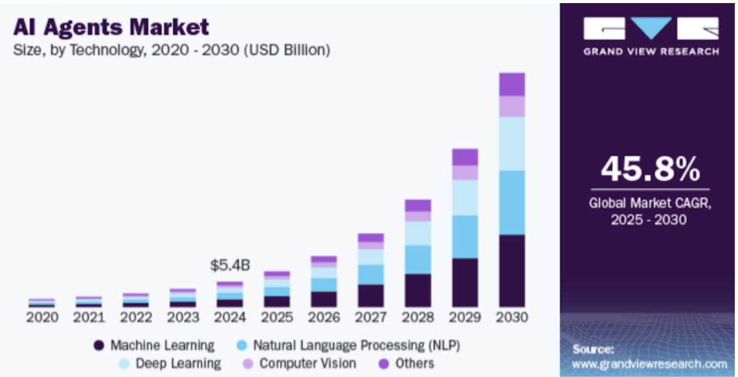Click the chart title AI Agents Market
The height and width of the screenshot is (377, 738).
(111, 26)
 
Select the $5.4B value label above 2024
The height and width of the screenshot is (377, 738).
(230, 266)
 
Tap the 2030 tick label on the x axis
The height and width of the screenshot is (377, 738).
(512, 317)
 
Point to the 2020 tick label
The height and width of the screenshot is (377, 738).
(42, 317)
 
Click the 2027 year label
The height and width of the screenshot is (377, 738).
(371, 317)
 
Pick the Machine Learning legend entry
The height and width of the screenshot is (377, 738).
(154, 345)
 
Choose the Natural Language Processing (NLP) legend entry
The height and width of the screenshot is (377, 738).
(349, 345)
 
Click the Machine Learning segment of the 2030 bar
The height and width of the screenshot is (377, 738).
(512, 271)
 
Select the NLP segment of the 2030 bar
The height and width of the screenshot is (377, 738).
(512, 202)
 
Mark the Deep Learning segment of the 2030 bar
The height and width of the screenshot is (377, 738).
(512, 143)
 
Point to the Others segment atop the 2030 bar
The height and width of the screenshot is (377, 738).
(512, 84)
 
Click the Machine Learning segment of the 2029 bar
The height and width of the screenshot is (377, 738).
(465, 282)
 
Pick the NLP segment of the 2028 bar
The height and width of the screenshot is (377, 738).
(418, 259)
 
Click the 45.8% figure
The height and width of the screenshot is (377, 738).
(650, 169)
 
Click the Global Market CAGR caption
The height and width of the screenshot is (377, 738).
(650, 210)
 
